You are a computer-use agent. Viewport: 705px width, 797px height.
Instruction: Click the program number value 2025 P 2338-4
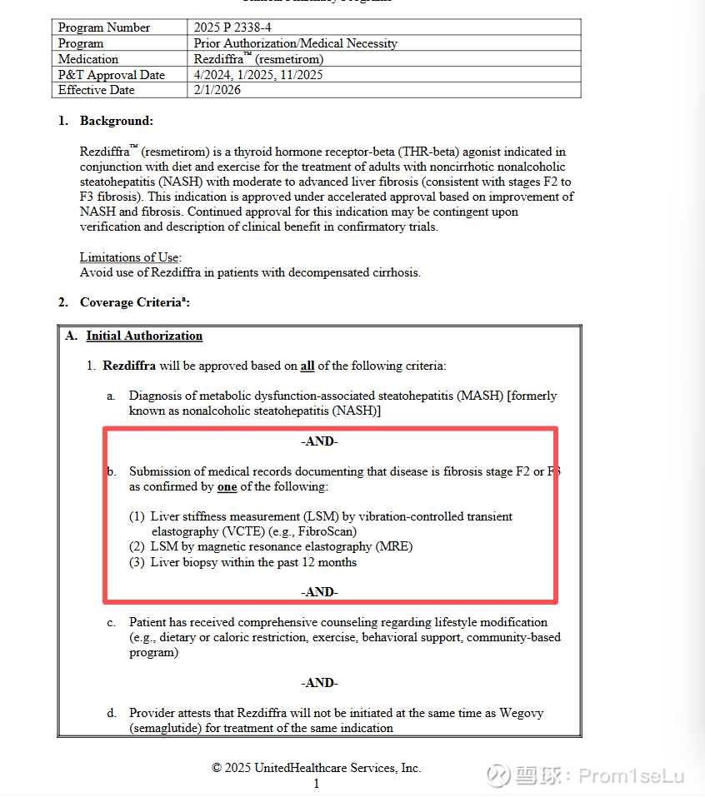232,27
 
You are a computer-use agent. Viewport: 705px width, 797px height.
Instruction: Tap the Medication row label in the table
88,59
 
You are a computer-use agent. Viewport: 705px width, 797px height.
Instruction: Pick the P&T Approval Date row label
112,75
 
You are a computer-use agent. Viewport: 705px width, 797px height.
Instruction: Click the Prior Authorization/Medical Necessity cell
295,43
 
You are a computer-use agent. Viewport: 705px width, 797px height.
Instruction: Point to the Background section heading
117,121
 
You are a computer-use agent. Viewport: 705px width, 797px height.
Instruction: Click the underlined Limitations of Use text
131,257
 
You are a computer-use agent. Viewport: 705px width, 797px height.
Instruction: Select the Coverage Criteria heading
133,302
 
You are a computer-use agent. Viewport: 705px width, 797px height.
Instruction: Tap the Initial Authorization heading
144,336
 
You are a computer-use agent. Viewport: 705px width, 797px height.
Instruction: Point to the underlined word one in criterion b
227,486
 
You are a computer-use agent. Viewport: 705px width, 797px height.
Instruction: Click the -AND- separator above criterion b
319,442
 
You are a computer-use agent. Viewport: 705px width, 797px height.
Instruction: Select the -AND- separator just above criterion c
319,592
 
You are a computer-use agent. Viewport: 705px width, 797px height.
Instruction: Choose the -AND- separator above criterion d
319,683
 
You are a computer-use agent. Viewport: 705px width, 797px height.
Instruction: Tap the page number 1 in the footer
317,784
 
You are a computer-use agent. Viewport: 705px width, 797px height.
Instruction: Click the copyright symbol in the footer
217,768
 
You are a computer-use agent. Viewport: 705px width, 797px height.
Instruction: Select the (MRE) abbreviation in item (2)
395,546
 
